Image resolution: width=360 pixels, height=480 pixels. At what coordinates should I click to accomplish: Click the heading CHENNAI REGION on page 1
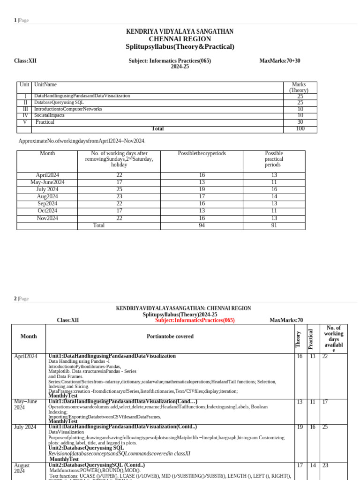[x=180, y=39]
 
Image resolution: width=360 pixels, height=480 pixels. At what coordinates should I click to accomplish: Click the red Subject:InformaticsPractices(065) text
[x=195, y=320]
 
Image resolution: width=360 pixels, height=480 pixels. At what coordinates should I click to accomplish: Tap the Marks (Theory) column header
[x=299, y=88]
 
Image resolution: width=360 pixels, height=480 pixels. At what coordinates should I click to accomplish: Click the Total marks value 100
[x=300, y=129]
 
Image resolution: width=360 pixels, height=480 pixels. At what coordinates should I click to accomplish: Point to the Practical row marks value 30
[x=300, y=122]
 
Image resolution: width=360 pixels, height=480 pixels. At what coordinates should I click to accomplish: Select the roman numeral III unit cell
[x=25, y=109]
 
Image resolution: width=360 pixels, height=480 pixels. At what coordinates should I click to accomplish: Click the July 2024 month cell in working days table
[x=47, y=189]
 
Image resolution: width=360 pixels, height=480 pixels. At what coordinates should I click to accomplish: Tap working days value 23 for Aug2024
[x=119, y=196]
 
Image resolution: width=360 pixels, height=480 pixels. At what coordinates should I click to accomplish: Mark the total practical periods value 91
[x=274, y=225]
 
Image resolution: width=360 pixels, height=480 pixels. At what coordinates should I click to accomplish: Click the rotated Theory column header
[x=299, y=339]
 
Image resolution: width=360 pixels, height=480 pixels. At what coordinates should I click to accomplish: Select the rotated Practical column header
[x=310, y=338]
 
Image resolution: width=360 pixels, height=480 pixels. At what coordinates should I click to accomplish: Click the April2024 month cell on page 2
[x=27, y=357]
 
